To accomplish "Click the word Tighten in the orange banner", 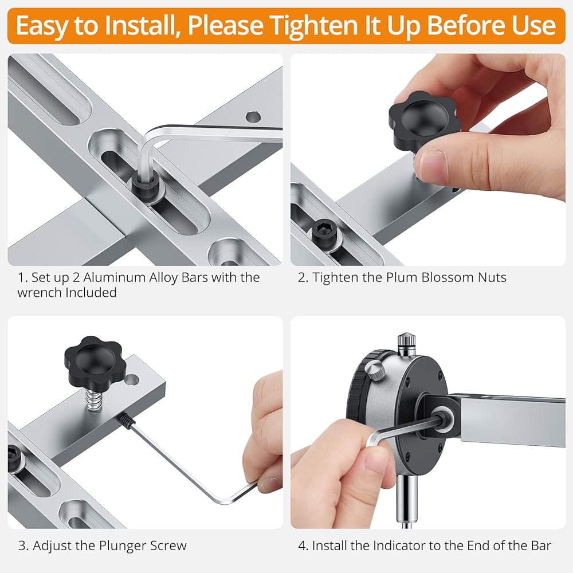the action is click(x=311, y=26).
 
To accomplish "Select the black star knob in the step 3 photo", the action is click(x=95, y=359).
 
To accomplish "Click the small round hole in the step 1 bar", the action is click(x=253, y=117).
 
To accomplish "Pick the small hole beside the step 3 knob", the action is click(x=132, y=380).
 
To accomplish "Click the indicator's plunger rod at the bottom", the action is click(x=407, y=501).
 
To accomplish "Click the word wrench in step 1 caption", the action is click(x=40, y=293).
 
